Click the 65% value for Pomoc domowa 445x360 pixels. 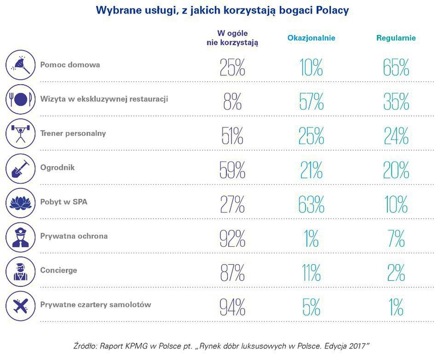(x=396, y=67)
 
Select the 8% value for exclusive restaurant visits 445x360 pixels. (x=232, y=101)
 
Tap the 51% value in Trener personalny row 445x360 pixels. (x=232, y=136)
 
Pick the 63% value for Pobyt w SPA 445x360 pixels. (x=311, y=204)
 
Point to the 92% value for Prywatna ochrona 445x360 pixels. (x=232, y=238)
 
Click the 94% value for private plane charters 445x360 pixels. (x=232, y=307)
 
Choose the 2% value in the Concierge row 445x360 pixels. (x=396, y=273)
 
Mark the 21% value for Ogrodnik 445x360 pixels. (x=311, y=170)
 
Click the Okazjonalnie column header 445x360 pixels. (x=311, y=38)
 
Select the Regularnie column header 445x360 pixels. (x=396, y=38)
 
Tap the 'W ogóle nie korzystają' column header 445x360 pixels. (x=232, y=38)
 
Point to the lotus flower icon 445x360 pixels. (x=20, y=202)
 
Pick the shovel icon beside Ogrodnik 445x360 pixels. (x=20, y=168)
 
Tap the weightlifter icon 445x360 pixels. (x=20, y=134)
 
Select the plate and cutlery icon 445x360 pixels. (x=20, y=99)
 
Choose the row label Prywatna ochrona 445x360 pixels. (x=74, y=236)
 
